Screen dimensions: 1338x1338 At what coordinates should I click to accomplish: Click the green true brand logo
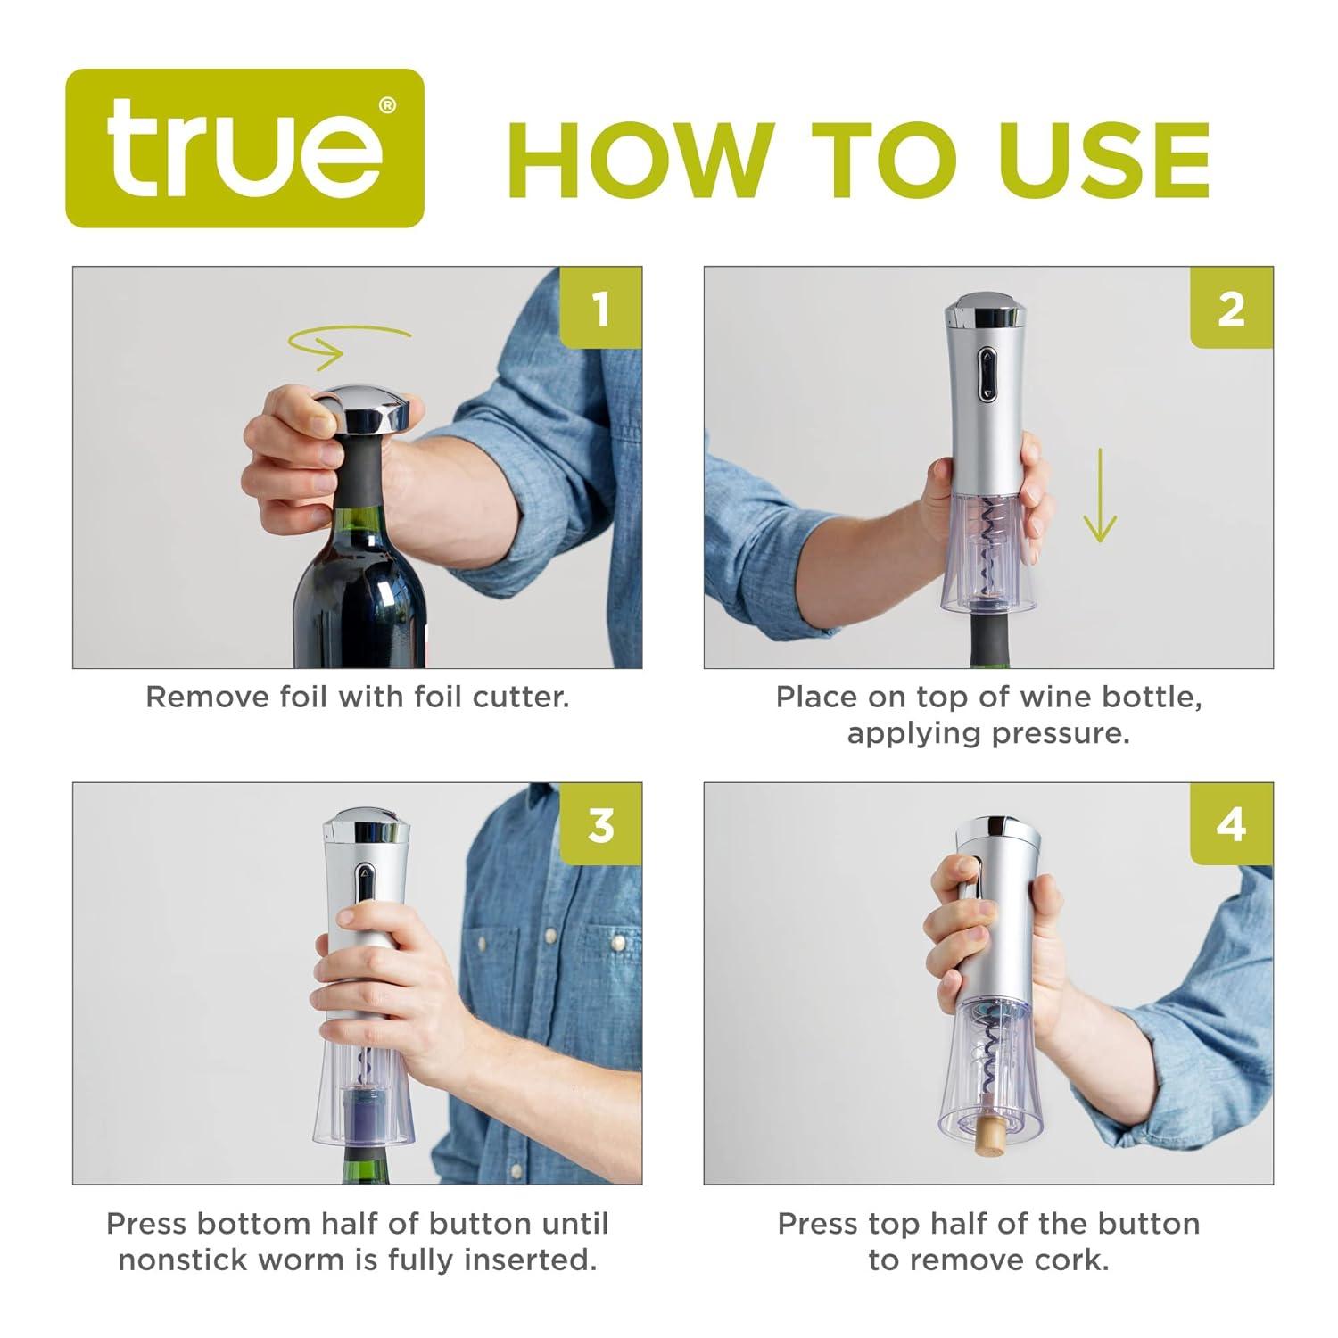245,148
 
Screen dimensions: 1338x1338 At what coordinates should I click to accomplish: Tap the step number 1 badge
600,308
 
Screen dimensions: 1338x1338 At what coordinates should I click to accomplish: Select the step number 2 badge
1232,308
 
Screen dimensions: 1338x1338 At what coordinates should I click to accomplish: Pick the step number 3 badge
600,824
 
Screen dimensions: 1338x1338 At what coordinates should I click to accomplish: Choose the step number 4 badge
1232,824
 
